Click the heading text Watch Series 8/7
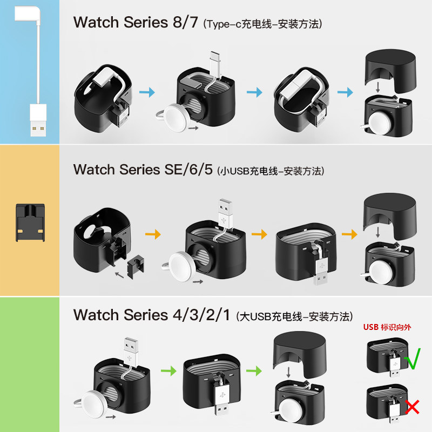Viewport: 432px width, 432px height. point(137,23)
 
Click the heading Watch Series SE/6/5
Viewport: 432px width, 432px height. point(144,170)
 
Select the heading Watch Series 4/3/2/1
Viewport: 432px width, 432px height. point(153,315)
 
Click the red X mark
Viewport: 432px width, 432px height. point(413,406)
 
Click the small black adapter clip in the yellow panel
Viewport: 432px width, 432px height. point(30,222)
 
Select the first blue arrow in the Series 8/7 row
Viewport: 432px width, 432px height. point(147,93)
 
